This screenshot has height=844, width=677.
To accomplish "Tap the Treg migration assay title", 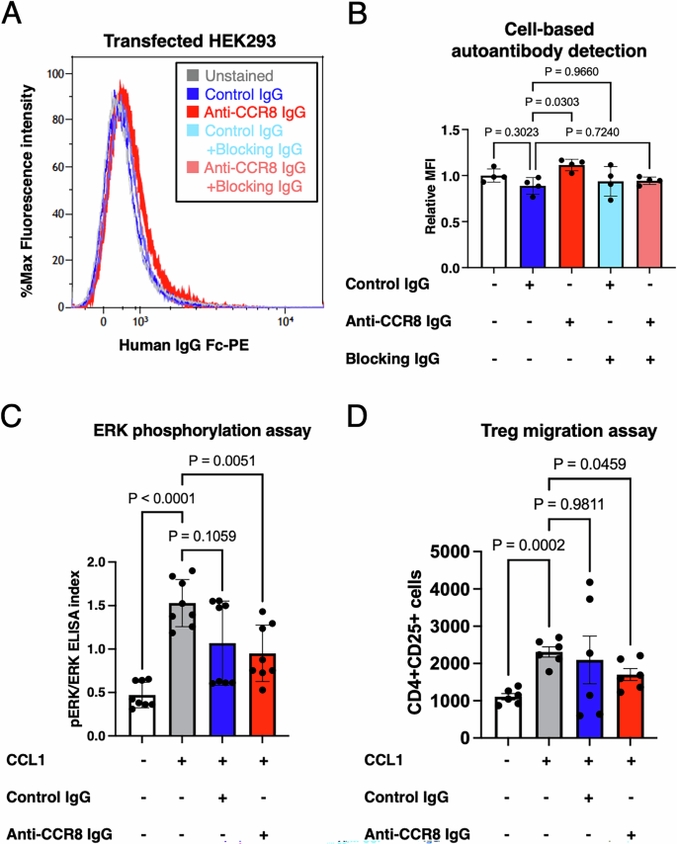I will pyautogui.click(x=548, y=430).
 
